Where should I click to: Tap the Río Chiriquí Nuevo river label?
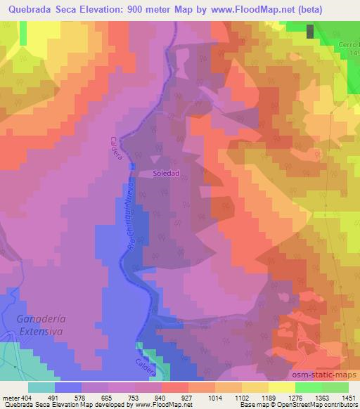pos(128,225)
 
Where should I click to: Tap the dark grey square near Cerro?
pos(311,31)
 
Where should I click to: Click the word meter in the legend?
pos(11,398)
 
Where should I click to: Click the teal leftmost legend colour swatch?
pos(41,387)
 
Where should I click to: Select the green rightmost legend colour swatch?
pos(335,387)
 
